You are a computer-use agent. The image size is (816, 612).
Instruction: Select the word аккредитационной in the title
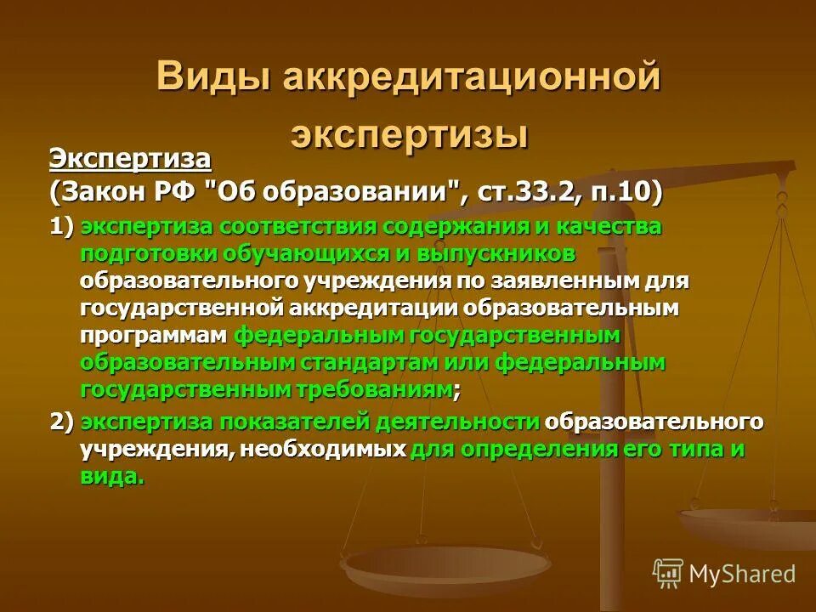click(472, 78)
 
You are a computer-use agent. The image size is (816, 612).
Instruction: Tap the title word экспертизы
click(410, 134)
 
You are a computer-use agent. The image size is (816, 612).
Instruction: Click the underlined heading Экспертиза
click(129, 158)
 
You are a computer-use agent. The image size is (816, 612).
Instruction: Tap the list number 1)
click(62, 228)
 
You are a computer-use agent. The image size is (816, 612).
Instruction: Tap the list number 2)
click(62, 422)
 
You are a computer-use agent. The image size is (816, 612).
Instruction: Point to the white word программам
click(154, 336)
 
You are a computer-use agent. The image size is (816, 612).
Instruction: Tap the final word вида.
click(112, 477)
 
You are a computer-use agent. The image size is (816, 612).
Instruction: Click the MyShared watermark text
click(742, 574)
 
